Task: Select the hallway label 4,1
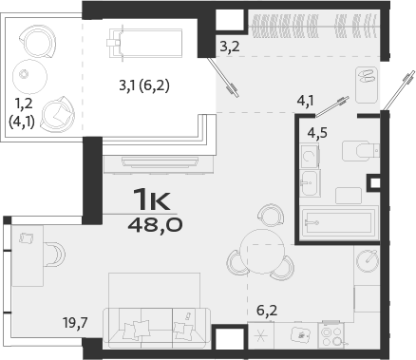[x=305, y=98]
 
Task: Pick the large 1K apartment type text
[x=153, y=200]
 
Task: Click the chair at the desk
[x=54, y=254]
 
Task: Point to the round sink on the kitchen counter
[x=368, y=259]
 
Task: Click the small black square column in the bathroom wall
[x=375, y=182]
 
